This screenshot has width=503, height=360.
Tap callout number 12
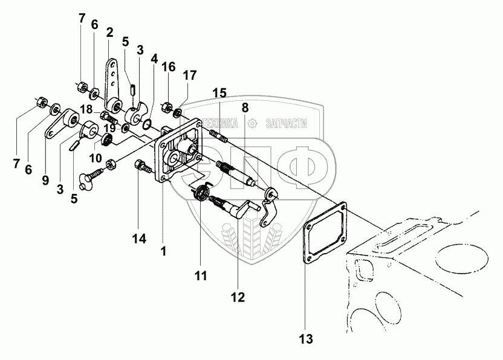pyautogui.click(x=237, y=297)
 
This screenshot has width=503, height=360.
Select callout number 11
pyautogui.click(x=201, y=275)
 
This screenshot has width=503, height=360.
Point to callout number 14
pyautogui.click(x=140, y=239)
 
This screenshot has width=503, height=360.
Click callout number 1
pyautogui.click(x=163, y=249)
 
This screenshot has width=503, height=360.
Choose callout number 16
pyautogui.click(x=168, y=66)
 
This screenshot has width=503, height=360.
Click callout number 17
pyautogui.click(x=190, y=75)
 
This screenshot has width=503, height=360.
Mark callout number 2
pyautogui.click(x=109, y=31)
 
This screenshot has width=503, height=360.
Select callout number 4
pyautogui.click(x=154, y=59)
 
